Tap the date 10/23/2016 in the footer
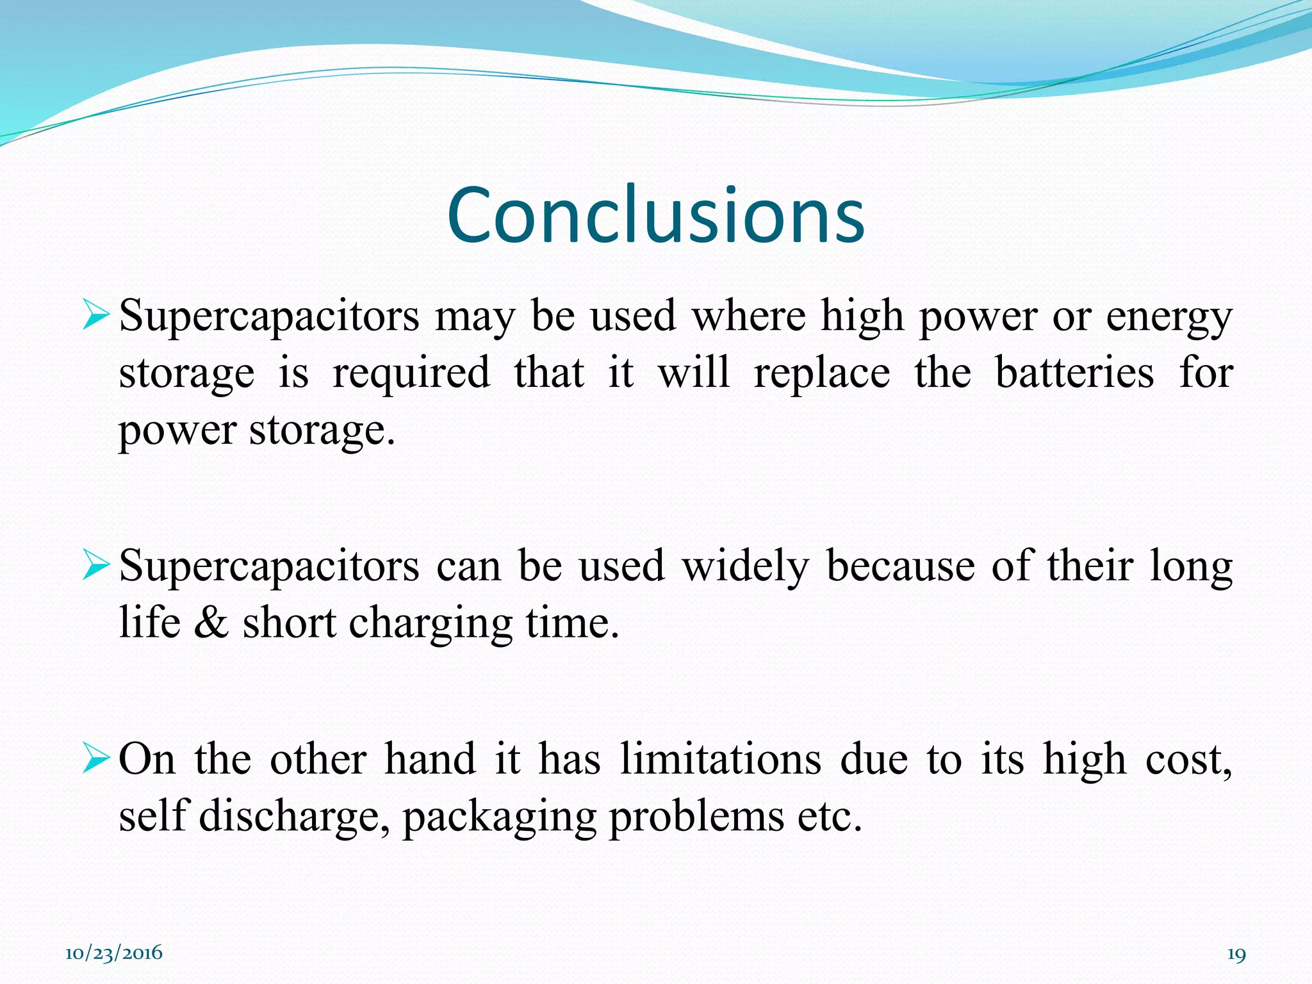tap(114, 953)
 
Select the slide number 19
tap(1236, 955)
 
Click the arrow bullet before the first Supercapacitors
tap(97, 316)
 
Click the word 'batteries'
tap(1074, 373)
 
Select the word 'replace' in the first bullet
tap(822, 373)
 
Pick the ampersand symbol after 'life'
tap(211, 623)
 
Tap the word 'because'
tap(900, 566)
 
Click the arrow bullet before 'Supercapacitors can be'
tap(97, 566)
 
